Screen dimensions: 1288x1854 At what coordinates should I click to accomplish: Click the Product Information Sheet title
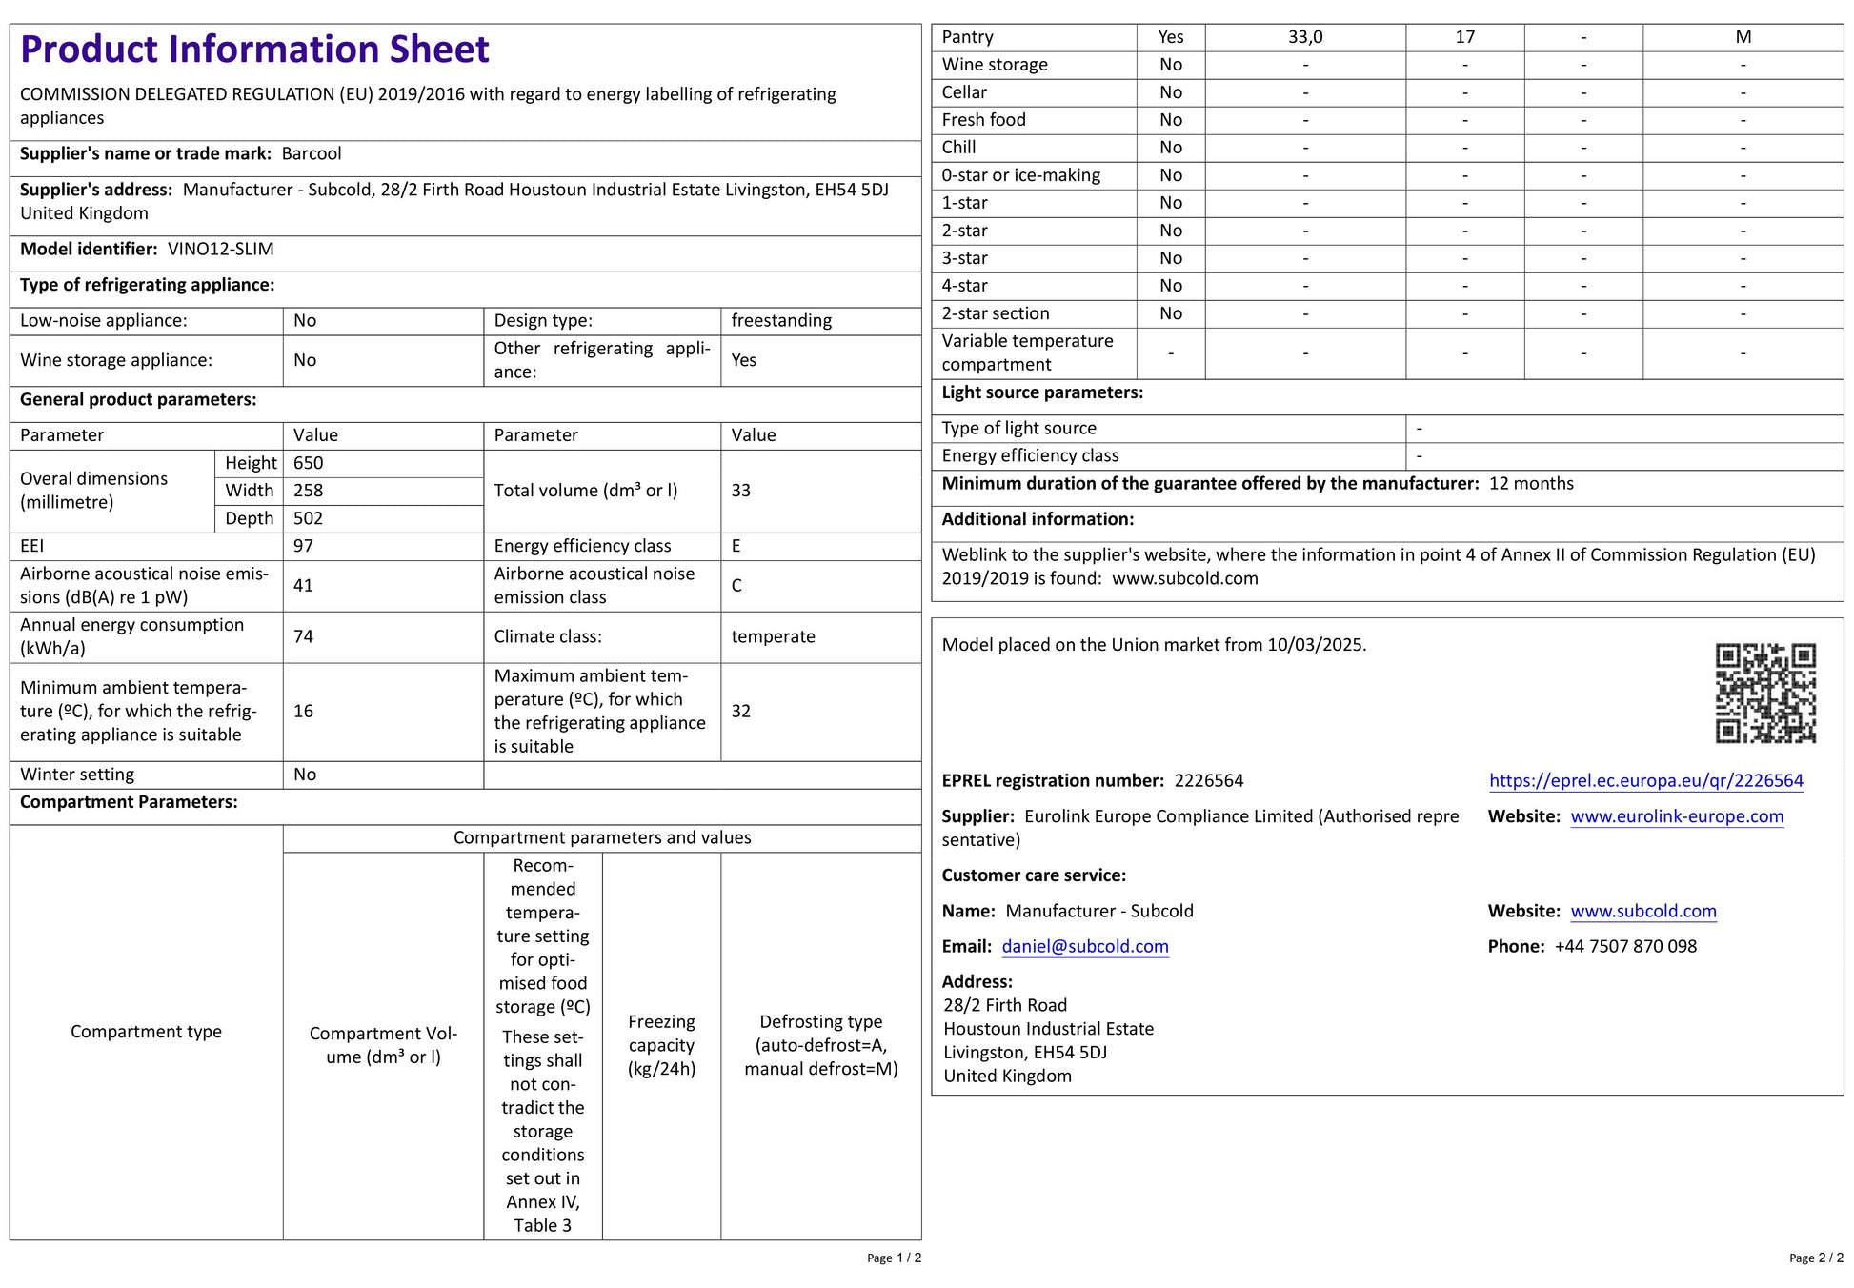click(254, 50)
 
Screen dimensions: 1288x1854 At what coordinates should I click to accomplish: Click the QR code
click(1765, 693)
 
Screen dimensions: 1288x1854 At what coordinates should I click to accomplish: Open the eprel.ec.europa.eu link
click(1645, 781)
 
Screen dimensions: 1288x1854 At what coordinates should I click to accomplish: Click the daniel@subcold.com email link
click(1084, 947)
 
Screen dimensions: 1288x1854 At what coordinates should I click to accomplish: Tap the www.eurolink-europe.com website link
click(1677, 816)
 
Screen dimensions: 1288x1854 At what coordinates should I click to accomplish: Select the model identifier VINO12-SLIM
click(220, 250)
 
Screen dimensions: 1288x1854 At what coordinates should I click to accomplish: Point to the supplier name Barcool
click(312, 154)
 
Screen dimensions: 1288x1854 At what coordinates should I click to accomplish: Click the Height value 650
click(309, 464)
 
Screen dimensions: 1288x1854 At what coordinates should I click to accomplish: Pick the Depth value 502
click(309, 519)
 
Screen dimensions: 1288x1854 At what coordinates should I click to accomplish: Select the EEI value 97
click(303, 547)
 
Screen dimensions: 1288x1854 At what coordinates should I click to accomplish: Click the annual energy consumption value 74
click(303, 636)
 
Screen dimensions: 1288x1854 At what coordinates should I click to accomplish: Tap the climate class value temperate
click(773, 636)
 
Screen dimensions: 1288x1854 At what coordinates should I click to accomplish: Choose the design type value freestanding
click(781, 321)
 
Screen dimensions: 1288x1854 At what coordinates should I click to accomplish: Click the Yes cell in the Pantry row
click(1170, 37)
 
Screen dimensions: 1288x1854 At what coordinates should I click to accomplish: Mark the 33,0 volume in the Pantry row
click(1304, 37)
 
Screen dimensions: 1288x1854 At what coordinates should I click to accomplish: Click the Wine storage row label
click(994, 65)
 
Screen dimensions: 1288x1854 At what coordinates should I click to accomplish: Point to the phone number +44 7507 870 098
click(1625, 947)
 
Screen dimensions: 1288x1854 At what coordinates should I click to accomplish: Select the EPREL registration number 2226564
click(1208, 781)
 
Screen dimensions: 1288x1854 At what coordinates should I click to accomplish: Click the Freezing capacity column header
click(661, 1045)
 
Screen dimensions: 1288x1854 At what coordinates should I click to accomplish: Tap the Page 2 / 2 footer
click(1815, 1258)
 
